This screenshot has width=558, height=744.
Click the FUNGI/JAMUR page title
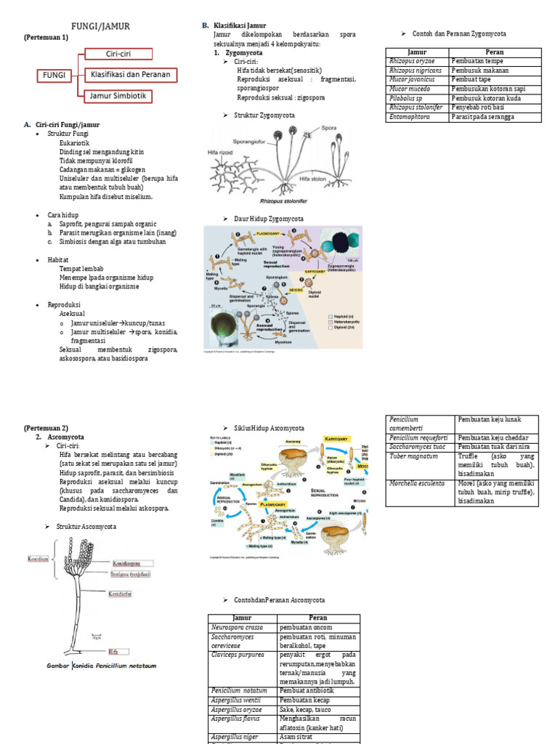click(x=103, y=27)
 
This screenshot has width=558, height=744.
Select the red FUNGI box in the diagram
click(x=54, y=75)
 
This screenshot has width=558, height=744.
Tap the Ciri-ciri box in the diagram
click(x=118, y=54)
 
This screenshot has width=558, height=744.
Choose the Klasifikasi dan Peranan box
click(x=129, y=74)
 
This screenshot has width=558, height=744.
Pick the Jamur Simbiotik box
click(x=118, y=95)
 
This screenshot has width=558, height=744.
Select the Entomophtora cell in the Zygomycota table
click(x=410, y=116)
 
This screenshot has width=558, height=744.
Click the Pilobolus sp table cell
click(x=407, y=98)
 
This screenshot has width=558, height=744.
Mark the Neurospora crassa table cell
click(x=238, y=627)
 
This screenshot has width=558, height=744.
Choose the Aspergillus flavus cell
click(x=235, y=717)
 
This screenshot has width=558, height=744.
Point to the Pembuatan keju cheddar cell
click(x=495, y=438)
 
